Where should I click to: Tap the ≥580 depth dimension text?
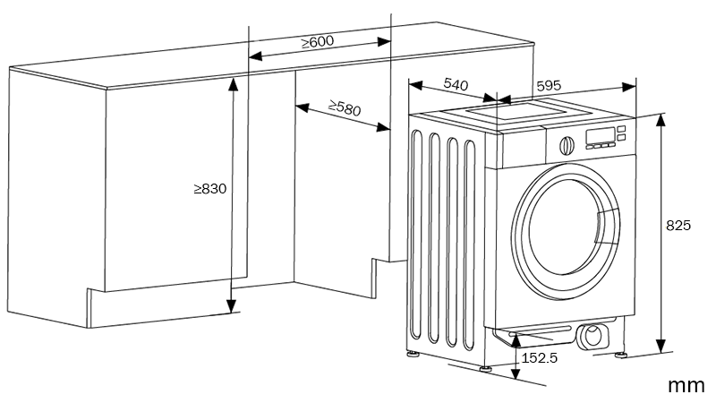[345, 108]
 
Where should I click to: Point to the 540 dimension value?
[456, 85]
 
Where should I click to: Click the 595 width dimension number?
[549, 86]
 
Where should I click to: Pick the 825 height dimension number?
[678, 227]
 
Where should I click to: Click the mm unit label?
[686, 385]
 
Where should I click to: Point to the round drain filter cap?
[591, 337]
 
